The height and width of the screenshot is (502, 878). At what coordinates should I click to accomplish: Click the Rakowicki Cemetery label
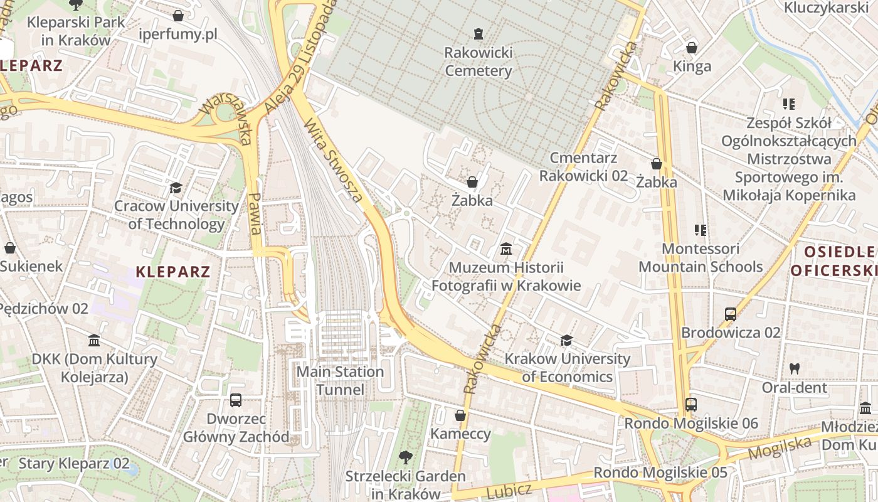pyautogui.click(x=479, y=61)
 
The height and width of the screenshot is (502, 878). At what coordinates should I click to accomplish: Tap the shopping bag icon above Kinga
pyautogui.click(x=692, y=48)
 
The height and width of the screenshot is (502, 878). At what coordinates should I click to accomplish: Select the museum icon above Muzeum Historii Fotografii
pyautogui.click(x=506, y=250)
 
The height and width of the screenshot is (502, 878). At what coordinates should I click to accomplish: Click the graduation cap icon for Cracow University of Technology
pyautogui.click(x=176, y=188)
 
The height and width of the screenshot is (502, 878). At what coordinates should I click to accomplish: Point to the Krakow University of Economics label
pyautogui.click(x=568, y=368)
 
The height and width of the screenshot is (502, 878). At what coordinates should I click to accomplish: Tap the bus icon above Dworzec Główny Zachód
pyautogui.click(x=236, y=400)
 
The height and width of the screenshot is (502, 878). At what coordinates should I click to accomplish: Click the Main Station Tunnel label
pyautogui.click(x=340, y=380)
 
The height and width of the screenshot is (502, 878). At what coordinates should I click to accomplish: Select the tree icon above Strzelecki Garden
pyautogui.click(x=406, y=457)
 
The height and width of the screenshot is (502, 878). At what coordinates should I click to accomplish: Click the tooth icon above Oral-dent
pyautogui.click(x=795, y=369)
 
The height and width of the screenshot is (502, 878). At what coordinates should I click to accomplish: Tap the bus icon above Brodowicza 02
pyautogui.click(x=731, y=314)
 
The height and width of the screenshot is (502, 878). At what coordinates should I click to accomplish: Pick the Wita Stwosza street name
pyautogui.click(x=334, y=162)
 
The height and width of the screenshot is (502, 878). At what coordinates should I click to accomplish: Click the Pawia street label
pyautogui.click(x=255, y=213)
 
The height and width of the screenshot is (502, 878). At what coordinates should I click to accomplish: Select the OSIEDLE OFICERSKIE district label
pyautogui.click(x=833, y=262)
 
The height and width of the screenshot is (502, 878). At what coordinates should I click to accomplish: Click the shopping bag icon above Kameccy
pyautogui.click(x=460, y=415)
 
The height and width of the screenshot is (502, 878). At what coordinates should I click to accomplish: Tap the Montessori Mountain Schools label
pyautogui.click(x=701, y=258)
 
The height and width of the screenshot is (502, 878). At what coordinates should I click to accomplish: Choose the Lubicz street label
pyautogui.click(x=509, y=490)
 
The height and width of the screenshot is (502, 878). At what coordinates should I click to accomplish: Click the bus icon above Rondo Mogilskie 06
pyautogui.click(x=690, y=405)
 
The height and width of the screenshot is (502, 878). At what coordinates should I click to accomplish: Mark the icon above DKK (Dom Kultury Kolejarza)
pyautogui.click(x=94, y=341)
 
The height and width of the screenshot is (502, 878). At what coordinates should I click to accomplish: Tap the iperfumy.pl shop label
pyautogui.click(x=178, y=34)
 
